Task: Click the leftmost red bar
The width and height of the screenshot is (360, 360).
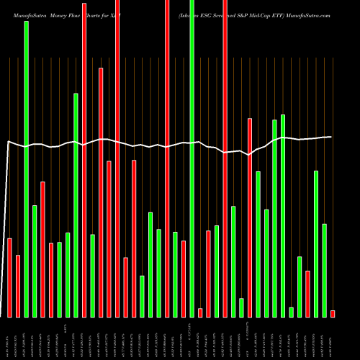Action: [x=9, y=277]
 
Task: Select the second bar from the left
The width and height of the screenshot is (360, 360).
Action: [x=18, y=286]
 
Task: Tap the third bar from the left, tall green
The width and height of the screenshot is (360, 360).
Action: [x=26, y=169]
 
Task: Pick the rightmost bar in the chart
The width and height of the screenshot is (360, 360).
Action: [x=333, y=313]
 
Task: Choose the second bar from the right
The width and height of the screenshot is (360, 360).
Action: [x=324, y=270]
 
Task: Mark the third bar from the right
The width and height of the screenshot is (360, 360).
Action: [x=316, y=243]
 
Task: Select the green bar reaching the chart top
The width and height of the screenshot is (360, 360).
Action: [x=192, y=158]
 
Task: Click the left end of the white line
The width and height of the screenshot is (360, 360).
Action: [x=7, y=143]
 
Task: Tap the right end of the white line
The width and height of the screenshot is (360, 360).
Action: [x=331, y=137]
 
